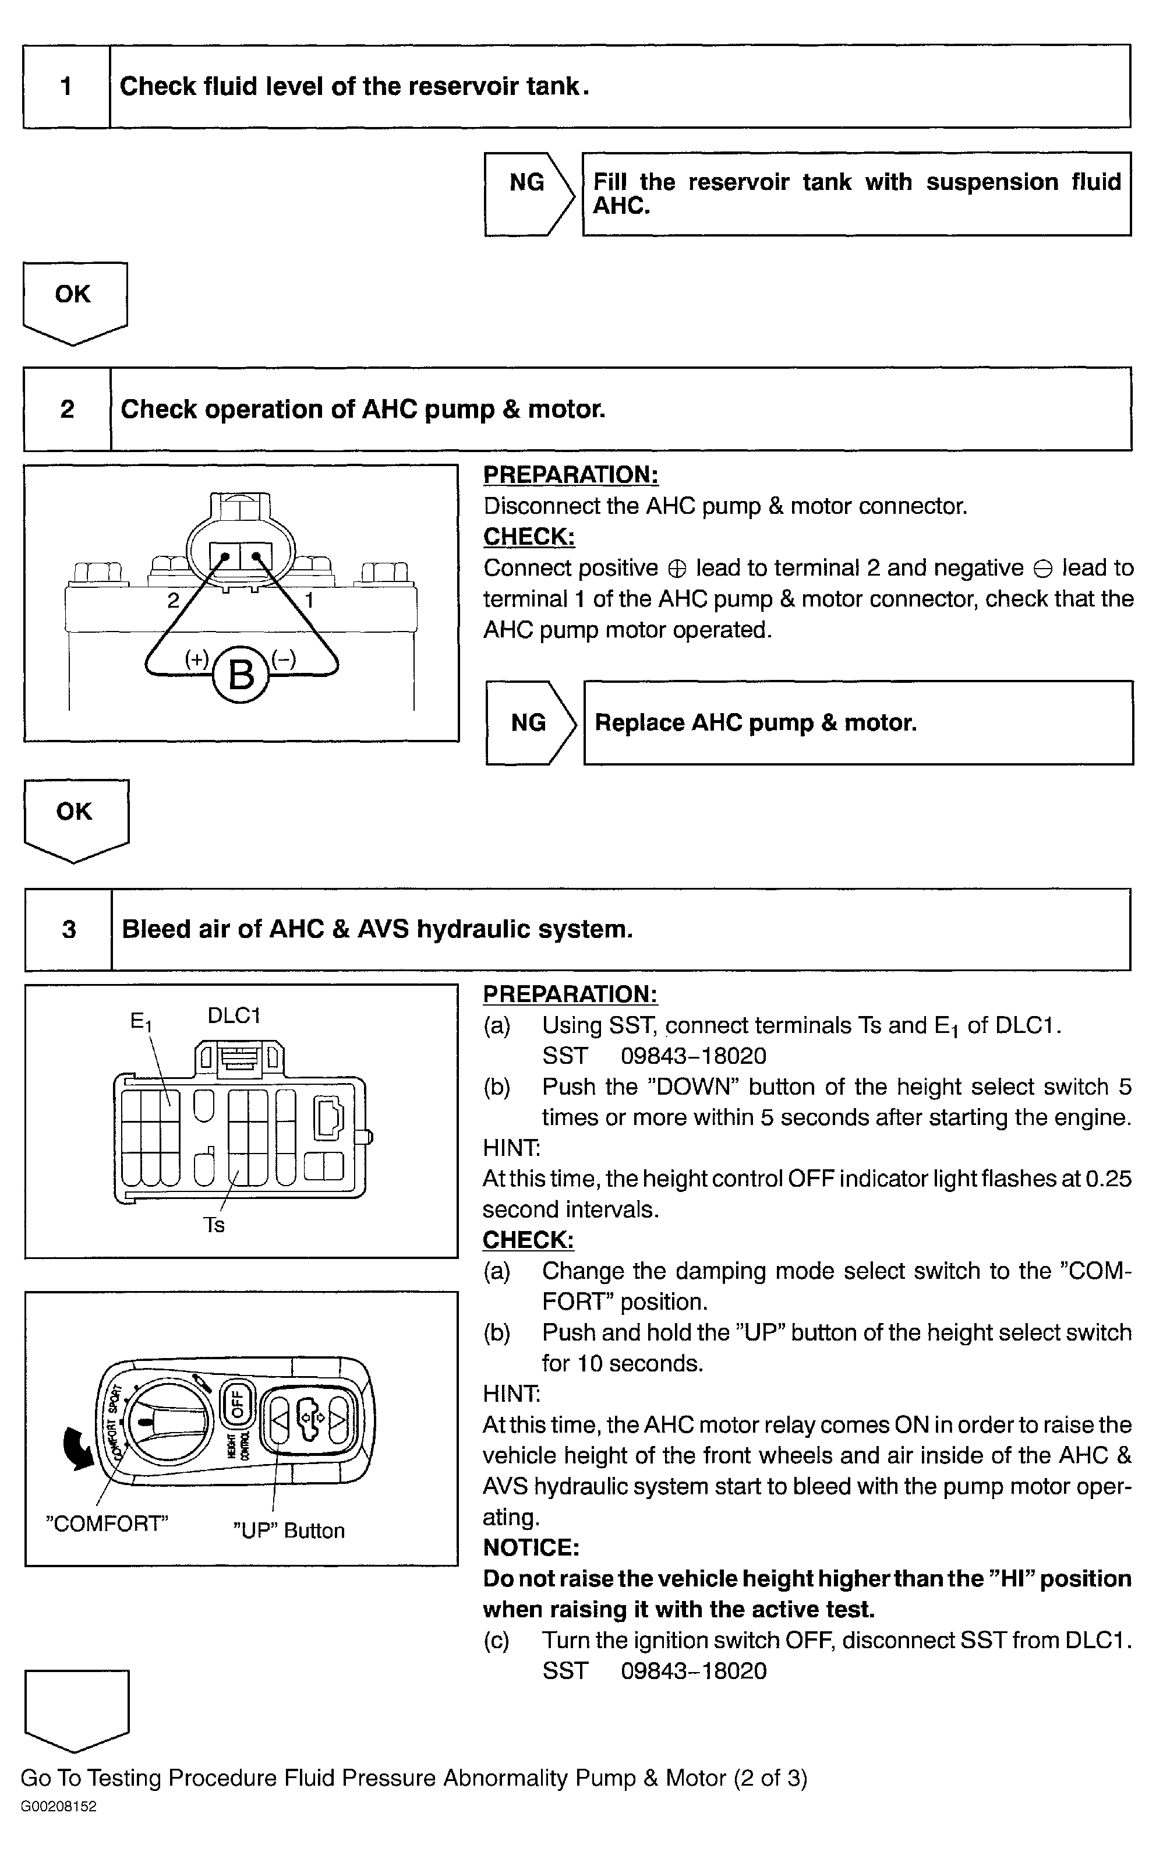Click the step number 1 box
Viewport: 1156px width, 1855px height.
point(66,86)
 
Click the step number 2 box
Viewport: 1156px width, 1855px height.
point(68,409)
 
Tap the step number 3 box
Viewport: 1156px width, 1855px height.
point(69,929)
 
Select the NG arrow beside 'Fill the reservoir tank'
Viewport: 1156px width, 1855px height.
point(528,193)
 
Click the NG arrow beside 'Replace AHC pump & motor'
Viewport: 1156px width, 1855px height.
point(530,722)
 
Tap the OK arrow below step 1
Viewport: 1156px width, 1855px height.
point(74,301)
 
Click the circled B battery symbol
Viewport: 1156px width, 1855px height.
point(241,675)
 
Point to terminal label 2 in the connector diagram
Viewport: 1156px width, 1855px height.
point(174,600)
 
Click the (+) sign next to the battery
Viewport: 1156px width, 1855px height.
point(196,658)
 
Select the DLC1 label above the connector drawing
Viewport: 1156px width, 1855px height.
point(234,1015)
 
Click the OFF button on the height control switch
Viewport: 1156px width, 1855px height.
point(236,1403)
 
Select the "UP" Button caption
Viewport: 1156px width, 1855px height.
point(289,1530)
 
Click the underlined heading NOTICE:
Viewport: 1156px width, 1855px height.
point(531,1547)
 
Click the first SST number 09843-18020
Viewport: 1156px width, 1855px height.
point(694,1056)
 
